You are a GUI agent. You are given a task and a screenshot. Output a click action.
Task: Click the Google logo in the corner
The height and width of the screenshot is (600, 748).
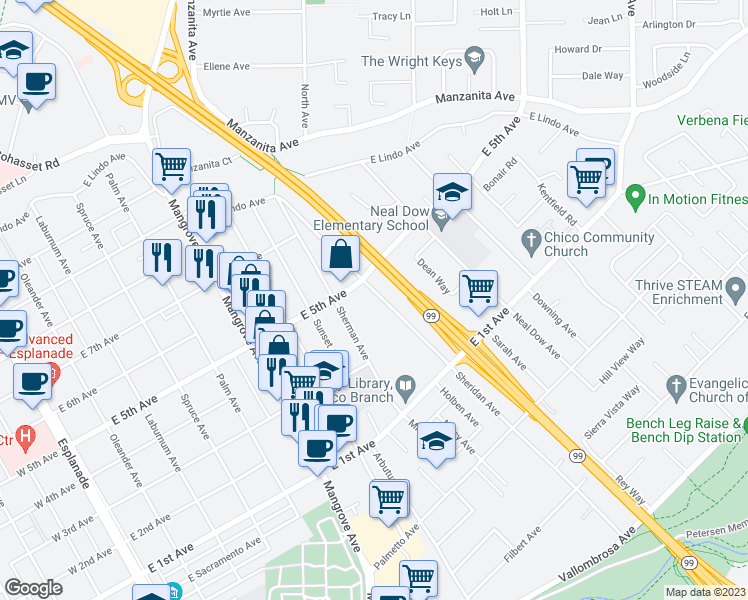33,588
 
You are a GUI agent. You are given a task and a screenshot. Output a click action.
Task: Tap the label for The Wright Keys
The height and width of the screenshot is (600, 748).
411,62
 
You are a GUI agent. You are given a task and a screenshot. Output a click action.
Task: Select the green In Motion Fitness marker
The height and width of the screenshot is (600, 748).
633,197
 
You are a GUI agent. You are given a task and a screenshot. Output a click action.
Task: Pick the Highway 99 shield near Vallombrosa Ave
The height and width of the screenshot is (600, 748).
689,564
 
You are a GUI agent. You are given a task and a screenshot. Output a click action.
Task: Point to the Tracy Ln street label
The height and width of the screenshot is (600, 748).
391,17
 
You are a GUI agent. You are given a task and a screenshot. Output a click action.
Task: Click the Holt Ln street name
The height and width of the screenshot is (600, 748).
496,12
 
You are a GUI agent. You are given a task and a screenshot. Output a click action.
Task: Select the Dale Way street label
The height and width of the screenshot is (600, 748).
602,75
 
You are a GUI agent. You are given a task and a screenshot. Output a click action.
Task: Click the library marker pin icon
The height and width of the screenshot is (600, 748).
405,384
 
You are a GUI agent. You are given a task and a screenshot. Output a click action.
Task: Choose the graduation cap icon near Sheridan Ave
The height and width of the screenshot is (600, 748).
436,441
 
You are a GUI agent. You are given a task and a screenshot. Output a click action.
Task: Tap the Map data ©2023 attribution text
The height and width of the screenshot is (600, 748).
705,592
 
